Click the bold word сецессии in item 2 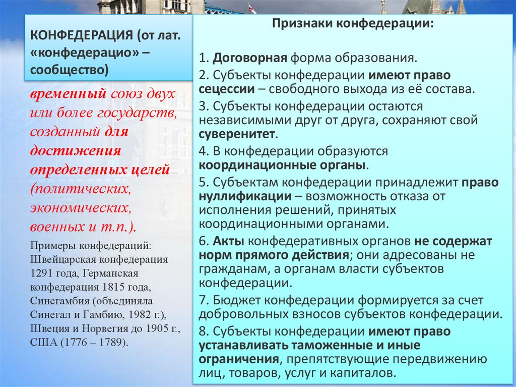click(226, 90)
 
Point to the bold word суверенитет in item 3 click(237, 135)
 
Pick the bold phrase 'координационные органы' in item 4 click(283, 165)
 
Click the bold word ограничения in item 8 click(239, 360)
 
